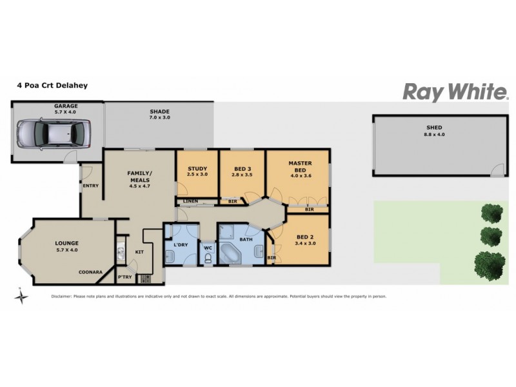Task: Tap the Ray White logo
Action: click(x=455, y=92)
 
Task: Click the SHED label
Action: click(x=433, y=128)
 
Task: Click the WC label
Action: click(x=208, y=248)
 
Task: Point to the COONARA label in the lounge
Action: click(x=90, y=272)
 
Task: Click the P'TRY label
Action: click(x=124, y=277)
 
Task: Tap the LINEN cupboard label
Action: click(x=190, y=201)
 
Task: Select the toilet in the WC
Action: click(x=208, y=258)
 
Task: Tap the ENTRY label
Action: click(x=90, y=186)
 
